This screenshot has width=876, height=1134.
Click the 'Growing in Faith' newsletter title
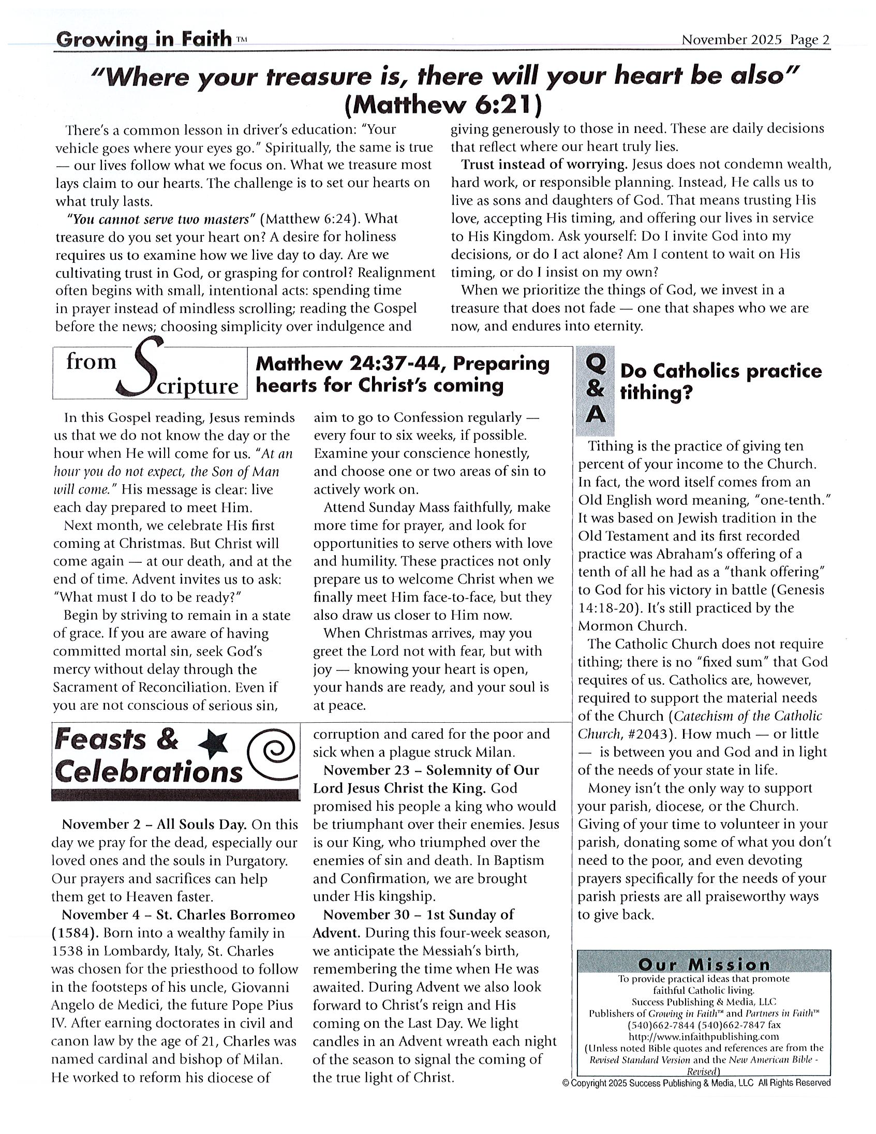click(143, 39)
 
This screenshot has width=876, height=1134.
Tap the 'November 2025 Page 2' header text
click(755, 40)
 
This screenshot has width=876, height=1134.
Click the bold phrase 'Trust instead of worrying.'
click(544, 165)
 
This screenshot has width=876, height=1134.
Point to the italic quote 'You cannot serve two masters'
click(161, 219)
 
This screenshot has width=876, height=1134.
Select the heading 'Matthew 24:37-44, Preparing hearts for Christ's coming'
click(402, 375)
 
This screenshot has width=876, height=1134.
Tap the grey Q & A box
click(595, 391)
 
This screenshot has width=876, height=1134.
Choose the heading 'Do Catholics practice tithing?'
click(720, 382)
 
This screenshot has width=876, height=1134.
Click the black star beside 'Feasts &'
click(214, 743)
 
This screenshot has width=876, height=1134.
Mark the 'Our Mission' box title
click(704, 965)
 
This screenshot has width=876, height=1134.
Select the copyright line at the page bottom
click(696, 1083)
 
